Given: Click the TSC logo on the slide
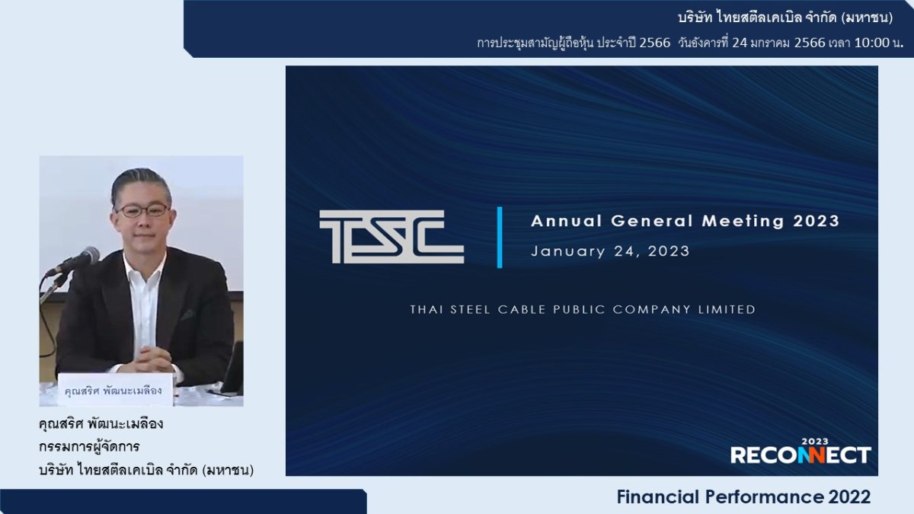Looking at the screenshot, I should tap(391, 237).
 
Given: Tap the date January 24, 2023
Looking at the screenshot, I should tap(610, 251).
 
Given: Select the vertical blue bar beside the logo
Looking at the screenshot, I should tap(500, 237).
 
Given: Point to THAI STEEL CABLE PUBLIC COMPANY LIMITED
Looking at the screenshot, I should tap(583, 310).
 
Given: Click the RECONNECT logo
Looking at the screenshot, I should tap(800, 455).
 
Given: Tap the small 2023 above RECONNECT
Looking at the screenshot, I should tap(814, 441).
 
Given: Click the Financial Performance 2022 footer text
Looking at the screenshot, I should tap(743, 497).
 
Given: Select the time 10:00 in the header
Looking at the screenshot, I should tap(871, 43).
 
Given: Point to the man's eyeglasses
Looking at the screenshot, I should tap(142, 210).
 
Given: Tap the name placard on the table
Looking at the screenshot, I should tap(115, 390).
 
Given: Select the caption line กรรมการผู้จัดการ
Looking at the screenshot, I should tap(89, 447).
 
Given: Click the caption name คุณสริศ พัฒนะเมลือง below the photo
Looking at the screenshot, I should tap(101, 424).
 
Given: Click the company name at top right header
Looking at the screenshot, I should tap(785, 18).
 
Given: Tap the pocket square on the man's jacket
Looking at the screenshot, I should tap(187, 314).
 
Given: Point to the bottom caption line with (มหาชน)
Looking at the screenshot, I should tap(145, 471).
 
